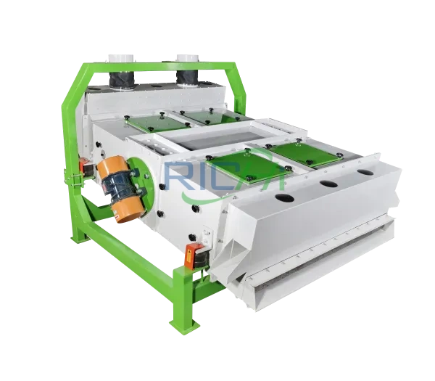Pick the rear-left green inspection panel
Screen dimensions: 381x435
pyautogui.click(x=148, y=123)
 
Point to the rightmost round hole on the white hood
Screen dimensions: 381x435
pyautogui.click(x=364, y=173)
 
